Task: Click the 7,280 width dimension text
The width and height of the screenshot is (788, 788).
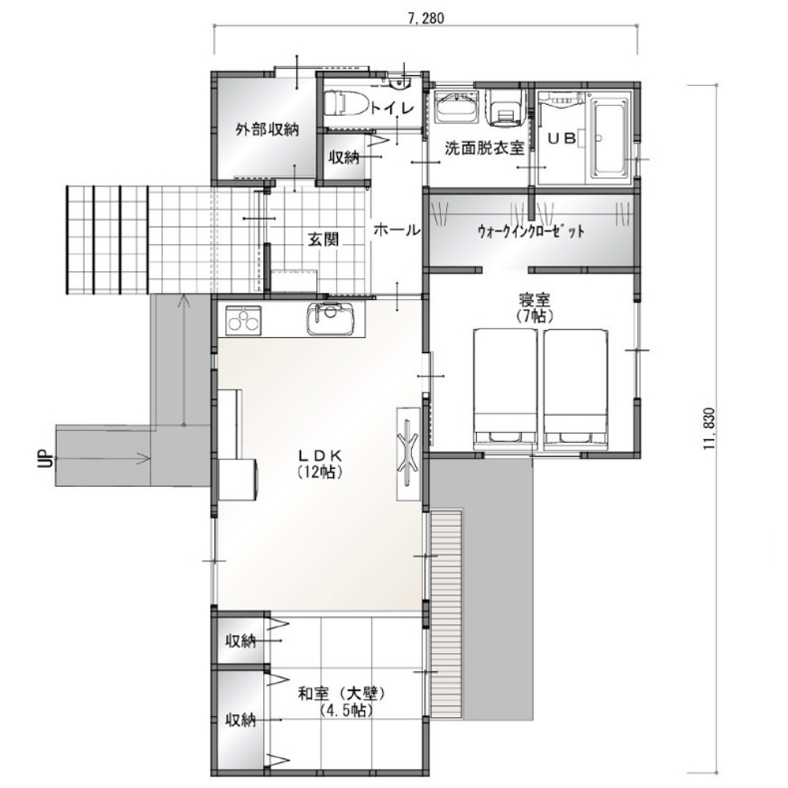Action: tap(426, 19)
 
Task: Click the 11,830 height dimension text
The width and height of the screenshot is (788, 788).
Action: tap(709, 428)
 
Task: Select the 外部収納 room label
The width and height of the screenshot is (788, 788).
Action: tap(267, 130)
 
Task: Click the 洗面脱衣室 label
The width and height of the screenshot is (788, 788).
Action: tap(485, 148)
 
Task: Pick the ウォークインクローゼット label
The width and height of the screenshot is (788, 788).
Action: tap(531, 231)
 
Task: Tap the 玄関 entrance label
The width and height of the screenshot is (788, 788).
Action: tap(323, 240)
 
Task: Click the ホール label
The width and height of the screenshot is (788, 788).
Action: tap(396, 230)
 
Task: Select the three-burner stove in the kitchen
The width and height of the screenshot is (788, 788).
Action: tap(243, 320)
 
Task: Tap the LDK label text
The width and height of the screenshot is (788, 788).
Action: tap(320, 455)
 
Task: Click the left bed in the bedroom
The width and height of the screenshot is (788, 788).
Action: tap(505, 388)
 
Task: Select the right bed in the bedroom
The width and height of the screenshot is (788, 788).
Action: tap(576, 388)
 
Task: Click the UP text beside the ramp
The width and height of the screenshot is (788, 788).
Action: tap(45, 459)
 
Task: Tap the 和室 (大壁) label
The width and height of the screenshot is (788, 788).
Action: tap(341, 694)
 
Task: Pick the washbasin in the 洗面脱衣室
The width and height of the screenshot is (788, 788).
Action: tap(456, 107)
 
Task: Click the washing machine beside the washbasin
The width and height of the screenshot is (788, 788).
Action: tap(504, 107)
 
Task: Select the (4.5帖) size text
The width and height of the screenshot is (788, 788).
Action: tap(345, 711)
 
